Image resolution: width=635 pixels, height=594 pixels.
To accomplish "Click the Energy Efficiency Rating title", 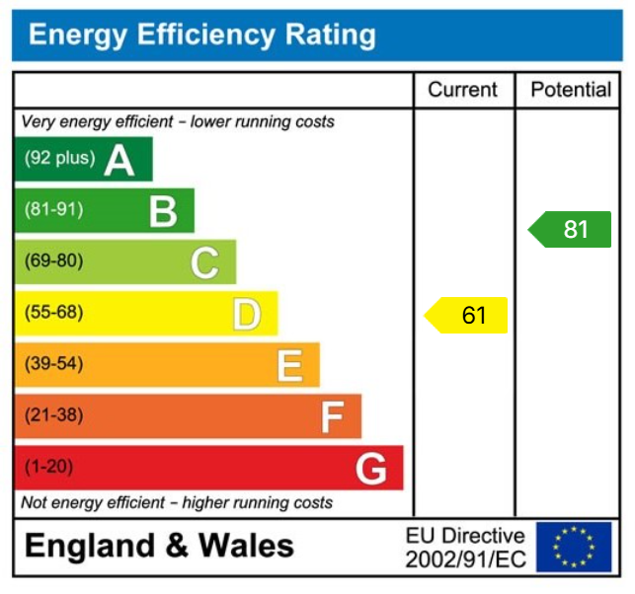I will [202, 36].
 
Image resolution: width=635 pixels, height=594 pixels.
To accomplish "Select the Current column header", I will [462, 90].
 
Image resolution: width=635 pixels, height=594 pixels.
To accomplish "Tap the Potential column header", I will [571, 90].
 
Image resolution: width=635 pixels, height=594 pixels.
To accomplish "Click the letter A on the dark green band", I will [119, 159].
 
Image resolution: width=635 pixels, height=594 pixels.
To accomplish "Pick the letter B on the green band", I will [163, 210].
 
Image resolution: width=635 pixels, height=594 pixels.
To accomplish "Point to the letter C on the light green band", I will [204, 262].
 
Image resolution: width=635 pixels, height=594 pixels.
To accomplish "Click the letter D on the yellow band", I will [247, 314].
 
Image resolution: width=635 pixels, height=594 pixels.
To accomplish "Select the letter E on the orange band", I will [288, 365].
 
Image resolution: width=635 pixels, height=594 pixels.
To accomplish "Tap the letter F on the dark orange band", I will [331, 417].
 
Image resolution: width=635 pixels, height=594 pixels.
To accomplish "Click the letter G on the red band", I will [371, 469].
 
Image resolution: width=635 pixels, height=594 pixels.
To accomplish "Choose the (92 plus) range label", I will [60, 158].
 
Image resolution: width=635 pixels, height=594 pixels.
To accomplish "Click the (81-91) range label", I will [54, 209].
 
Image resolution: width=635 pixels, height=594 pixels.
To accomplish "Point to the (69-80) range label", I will [54, 261].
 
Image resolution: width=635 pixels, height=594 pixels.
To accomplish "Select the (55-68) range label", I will [54, 313].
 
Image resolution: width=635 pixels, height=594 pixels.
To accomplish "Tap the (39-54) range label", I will [54, 364].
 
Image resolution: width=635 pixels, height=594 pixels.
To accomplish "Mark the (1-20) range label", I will [49, 467].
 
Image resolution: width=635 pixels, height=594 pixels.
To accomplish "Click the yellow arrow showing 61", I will [466, 315].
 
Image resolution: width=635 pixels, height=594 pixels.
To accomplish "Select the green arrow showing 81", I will [570, 230].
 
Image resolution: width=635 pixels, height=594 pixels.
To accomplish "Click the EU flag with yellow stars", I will [574, 547].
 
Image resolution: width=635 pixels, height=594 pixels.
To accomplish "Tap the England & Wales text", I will [159, 546].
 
